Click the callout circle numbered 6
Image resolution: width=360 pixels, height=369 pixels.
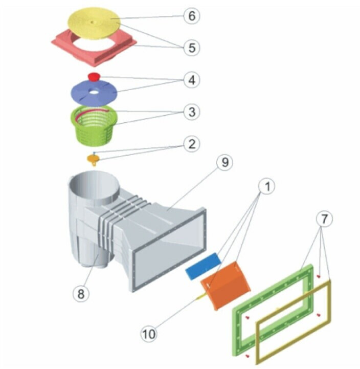coord(191,16)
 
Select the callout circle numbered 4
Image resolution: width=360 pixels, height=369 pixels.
coord(191,80)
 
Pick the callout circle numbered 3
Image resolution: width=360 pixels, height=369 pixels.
coord(191,112)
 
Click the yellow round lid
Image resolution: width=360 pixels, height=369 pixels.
coord(94,23)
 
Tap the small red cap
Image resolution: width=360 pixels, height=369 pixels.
coord(94,77)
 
